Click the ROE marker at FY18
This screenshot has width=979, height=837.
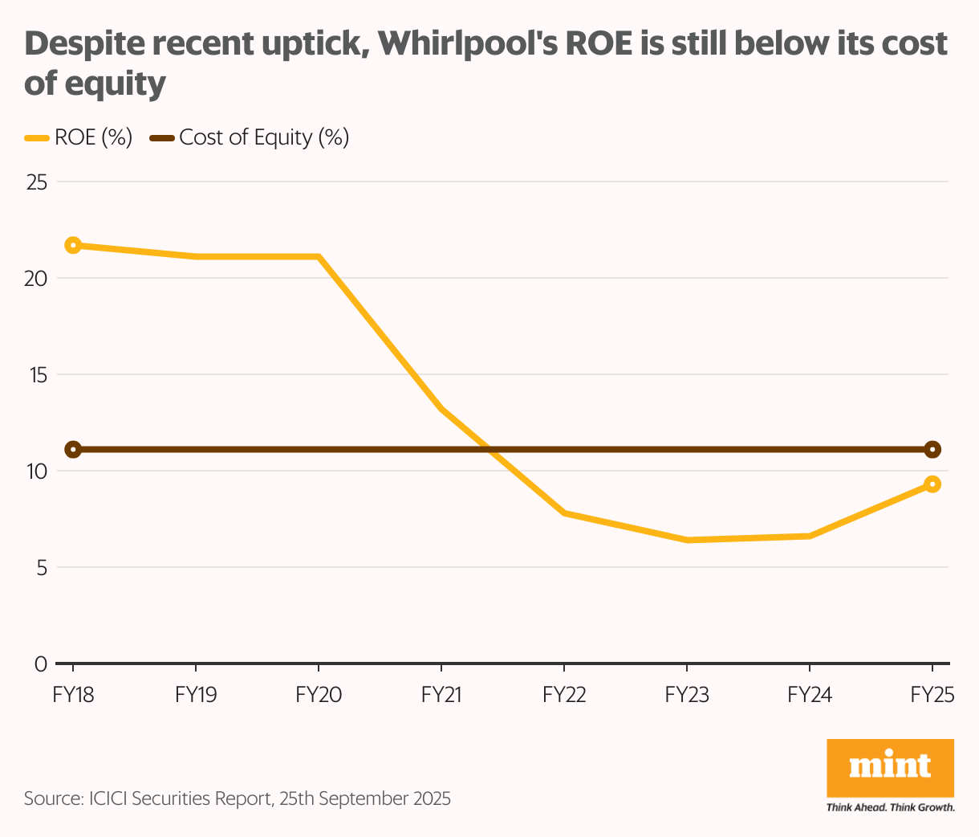[x=73, y=245]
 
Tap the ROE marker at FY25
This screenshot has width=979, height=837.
[x=932, y=484]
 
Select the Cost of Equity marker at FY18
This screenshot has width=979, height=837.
[x=73, y=449]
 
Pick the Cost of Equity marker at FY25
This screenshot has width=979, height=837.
[x=932, y=449]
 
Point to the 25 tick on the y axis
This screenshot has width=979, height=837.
[x=37, y=182]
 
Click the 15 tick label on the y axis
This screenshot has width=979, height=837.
[x=37, y=375]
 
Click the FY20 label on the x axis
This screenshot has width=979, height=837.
[x=319, y=695]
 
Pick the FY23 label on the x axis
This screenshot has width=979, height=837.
[x=687, y=695]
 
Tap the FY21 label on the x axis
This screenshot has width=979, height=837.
[x=441, y=695]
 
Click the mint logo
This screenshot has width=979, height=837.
[x=890, y=767]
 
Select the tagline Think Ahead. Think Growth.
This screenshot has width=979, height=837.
[x=890, y=806]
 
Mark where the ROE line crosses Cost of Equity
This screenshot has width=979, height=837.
[x=489, y=449]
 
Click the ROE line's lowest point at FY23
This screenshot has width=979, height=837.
[x=687, y=540]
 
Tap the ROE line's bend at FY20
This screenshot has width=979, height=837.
[x=319, y=257]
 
